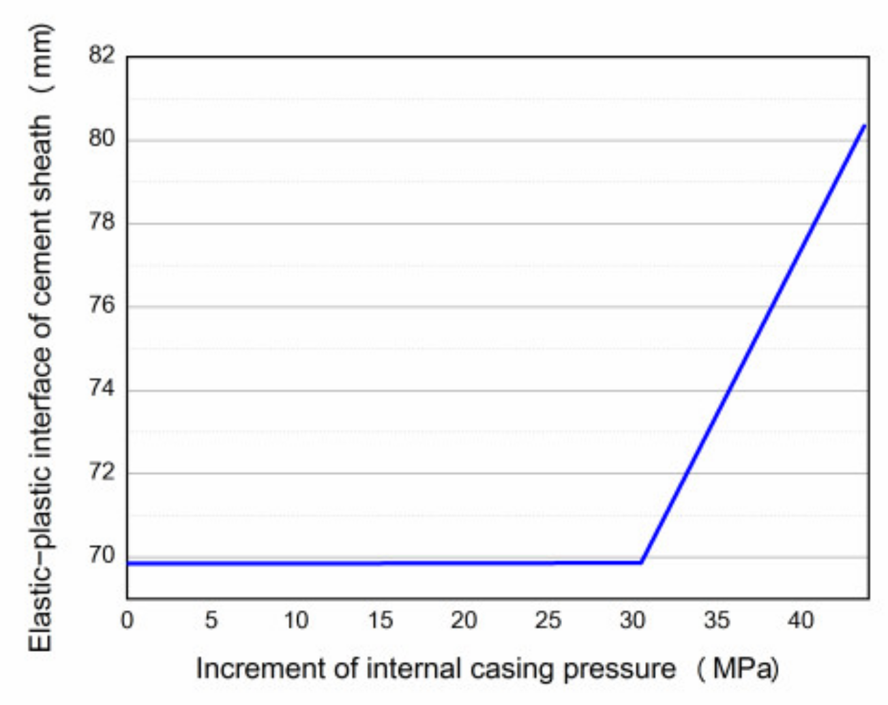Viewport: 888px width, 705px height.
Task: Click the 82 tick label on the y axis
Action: pyautogui.click(x=102, y=55)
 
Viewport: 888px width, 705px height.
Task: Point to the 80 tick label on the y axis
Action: pyautogui.click(x=102, y=138)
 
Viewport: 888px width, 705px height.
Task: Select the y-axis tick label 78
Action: pyautogui.click(x=102, y=222)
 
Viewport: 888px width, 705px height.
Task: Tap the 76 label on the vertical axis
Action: pyautogui.click(x=102, y=305)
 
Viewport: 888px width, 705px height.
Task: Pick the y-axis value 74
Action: pyautogui.click(x=102, y=389)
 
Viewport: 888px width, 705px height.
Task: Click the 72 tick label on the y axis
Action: pyautogui.click(x=102, y=472)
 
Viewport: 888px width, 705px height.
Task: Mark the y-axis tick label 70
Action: pyautogui.click(x=102, y=555)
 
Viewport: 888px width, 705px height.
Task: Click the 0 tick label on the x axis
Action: pyautogui.click(x=127, y=620)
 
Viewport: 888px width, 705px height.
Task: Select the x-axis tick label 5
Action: pyautogui.click(x=211, y=620)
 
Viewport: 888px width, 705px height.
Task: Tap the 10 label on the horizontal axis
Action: pyautogui.click(x=295, y=620)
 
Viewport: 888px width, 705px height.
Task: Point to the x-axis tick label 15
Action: pyautogui.click(x=380, y=620)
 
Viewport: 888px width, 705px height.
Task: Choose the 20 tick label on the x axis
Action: pyautogui.click(x=464, y=620)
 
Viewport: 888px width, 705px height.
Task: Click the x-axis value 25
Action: pyautogui.click(x=548, y=620)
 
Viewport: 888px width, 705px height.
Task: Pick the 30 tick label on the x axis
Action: pyautogui.click(x=632, y=620)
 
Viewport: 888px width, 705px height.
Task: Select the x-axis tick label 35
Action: pyautogui.click(x=717, y=620)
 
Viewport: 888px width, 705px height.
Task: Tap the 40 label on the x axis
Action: pyautogui.click(x=801, y=620)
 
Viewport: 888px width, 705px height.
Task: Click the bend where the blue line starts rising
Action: pyautogui.click(x=641, y=562)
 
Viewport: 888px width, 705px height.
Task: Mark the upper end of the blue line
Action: pyautogui.click(x=865, y=125)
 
